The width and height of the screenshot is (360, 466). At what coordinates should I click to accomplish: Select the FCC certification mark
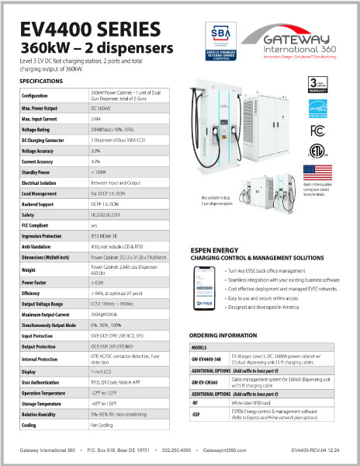click(x=315, y=130)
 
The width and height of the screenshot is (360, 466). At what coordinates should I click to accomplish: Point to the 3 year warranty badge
click(x=315, y=83)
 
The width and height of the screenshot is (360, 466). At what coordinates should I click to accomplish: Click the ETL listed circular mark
click(x=315, y=150)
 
